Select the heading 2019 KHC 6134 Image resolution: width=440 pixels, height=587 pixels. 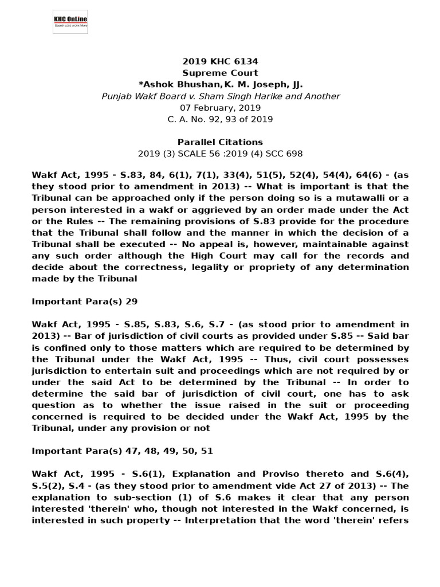coord(220,61)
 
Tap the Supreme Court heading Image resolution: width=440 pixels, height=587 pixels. coord(220,73)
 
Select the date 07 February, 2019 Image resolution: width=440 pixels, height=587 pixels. coord(220,108)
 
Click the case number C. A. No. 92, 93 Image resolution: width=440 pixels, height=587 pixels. coord(203,119)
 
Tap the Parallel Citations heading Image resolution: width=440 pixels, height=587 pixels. coord(220,142)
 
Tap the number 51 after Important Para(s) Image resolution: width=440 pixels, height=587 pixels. coord(207,451)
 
